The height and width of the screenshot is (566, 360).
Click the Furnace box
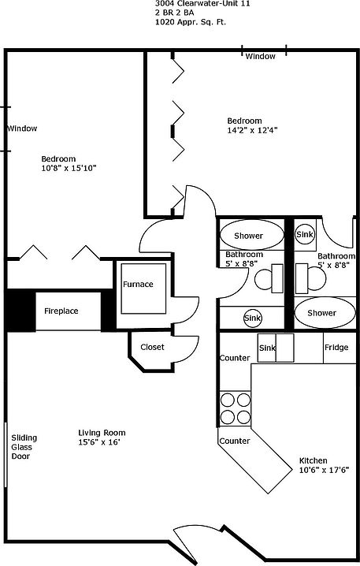coord(143,289)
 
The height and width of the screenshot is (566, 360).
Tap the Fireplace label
coord(61,311)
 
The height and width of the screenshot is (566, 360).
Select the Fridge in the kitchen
coord(340,348)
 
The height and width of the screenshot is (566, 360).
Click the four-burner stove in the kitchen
coord(236,408)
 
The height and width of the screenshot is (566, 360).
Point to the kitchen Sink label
coord(267,348)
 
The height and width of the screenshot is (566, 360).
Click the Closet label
coord(152,347)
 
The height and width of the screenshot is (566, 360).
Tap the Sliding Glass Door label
coord(24,447)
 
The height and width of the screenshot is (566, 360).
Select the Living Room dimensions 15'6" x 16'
coord(99,442)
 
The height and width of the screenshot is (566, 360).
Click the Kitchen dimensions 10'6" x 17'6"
coord(325,470)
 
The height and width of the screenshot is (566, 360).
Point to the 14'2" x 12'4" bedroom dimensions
coord(252,130)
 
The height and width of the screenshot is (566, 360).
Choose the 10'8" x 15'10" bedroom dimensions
coord(69,168)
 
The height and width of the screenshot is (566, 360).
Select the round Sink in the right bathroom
coord(305,235)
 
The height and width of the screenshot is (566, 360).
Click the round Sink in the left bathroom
coord(253,318)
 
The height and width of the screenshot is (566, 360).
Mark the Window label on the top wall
coord(261,56)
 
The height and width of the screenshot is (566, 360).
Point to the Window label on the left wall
coord(22,128)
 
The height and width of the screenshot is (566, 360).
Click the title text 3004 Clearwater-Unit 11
coord(202,4)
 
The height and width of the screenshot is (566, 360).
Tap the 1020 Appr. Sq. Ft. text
coord(191,22)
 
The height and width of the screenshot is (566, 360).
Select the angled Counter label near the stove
coord(235,441)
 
